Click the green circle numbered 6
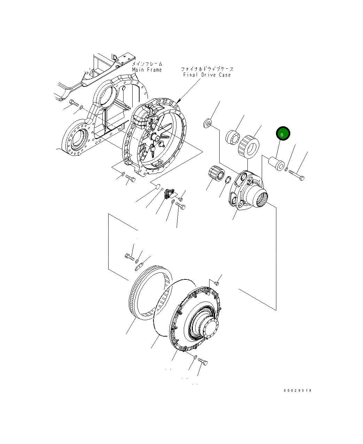(283, 134)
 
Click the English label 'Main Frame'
(147, 70)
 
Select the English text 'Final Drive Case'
(207, 75)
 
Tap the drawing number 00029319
(297, 390)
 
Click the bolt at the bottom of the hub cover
(203, 362)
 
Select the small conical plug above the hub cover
(216, 282)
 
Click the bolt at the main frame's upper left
(73, 103)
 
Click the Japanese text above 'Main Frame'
(147, 64)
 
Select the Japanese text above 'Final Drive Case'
(207, 69)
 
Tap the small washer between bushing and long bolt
(286, 170)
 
